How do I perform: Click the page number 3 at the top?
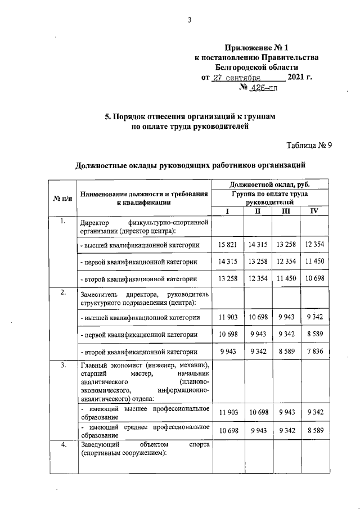click(190, 21)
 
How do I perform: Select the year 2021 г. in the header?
click(299, 78)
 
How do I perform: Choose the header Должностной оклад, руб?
click(269, 184)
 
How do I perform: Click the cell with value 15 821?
click(228, 245)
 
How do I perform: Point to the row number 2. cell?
click(62, 292)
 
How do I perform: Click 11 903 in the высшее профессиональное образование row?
click(228, 413)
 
